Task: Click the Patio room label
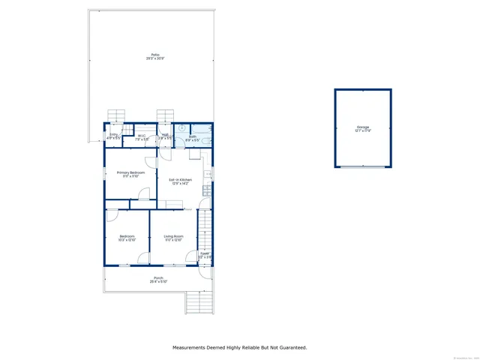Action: coord(155,55)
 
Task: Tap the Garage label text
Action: coord(363,127)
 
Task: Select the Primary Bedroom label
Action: coord(130,172)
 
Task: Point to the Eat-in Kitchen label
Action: coord(180,179)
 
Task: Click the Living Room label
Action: coord(173,236)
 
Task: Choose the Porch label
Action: coord(158,277)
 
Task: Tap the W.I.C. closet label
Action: coord(140,135)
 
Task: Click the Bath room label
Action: coord(192,136)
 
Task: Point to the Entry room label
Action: coord(113,135)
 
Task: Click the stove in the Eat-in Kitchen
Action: coord(206,190)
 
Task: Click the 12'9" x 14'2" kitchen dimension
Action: coord(180,184)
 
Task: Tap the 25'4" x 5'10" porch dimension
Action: coord(158,282)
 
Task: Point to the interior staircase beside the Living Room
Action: coord(203,228)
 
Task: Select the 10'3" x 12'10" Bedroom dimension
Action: coord(127,241)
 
